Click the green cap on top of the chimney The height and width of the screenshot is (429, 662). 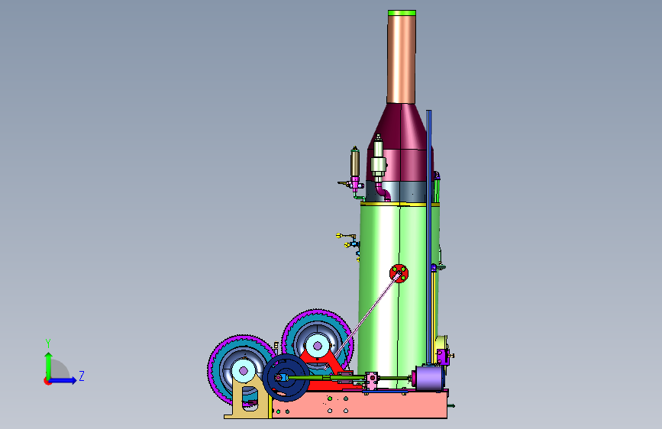(402, 13)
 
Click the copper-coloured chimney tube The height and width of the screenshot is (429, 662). (402, 60)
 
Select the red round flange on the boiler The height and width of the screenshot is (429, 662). (399, 273)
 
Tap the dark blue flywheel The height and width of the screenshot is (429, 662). (286, 378)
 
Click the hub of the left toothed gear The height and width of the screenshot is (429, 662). (243, 371)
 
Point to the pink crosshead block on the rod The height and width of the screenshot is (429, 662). (372, 380)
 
